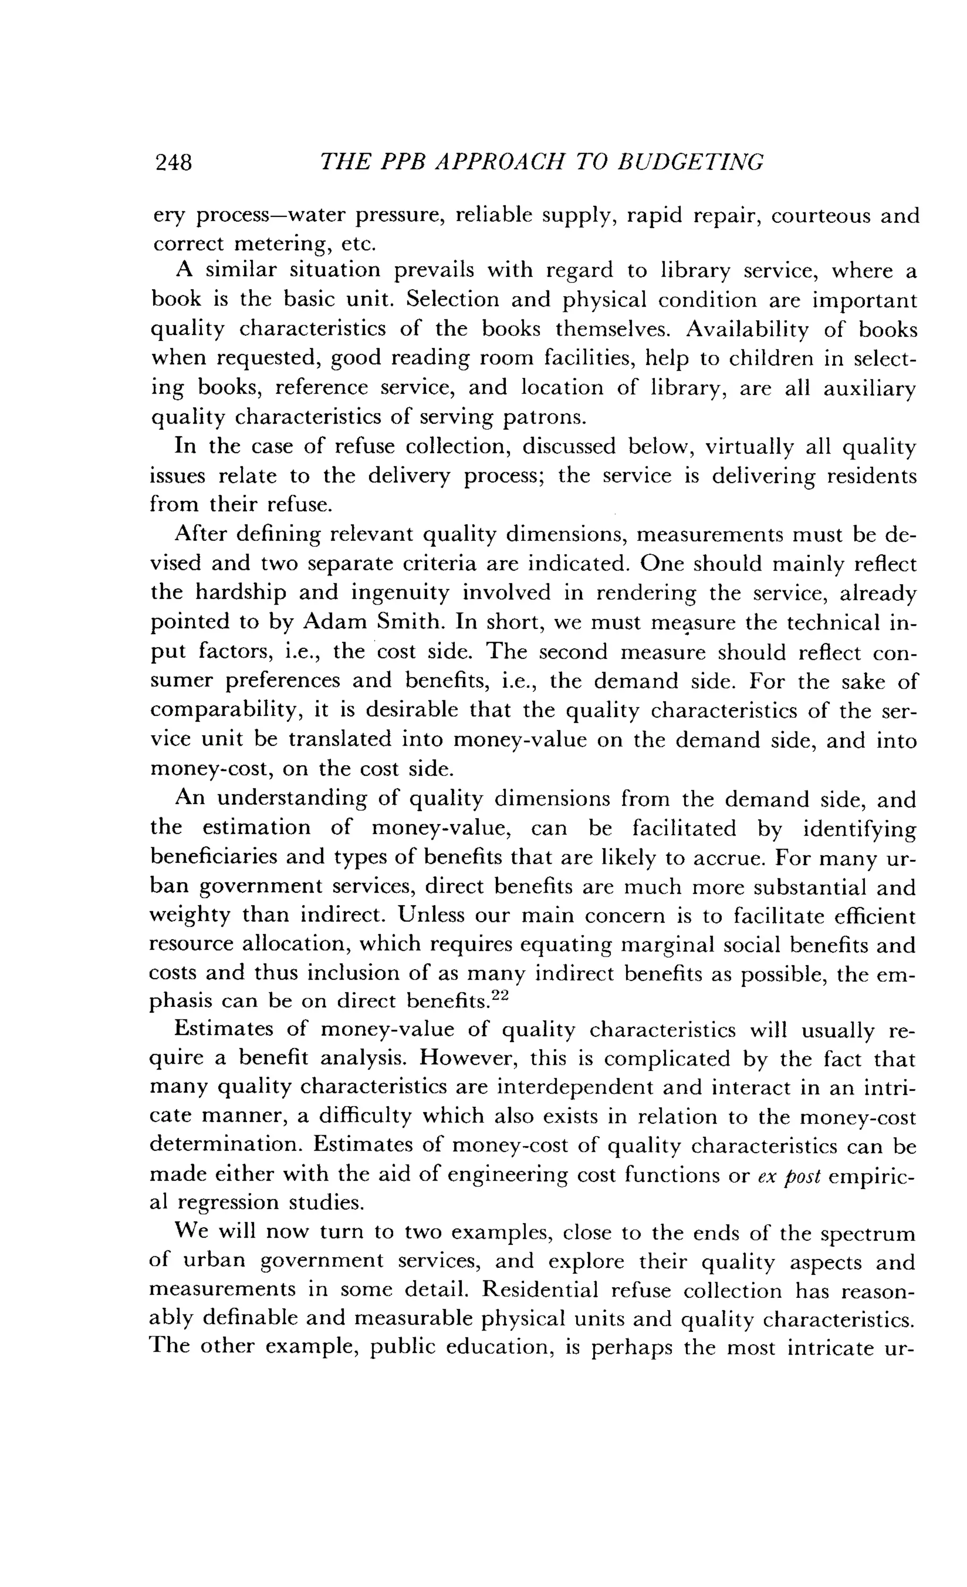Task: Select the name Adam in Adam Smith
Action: tap(334, 622)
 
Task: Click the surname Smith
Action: tap(406, 622)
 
